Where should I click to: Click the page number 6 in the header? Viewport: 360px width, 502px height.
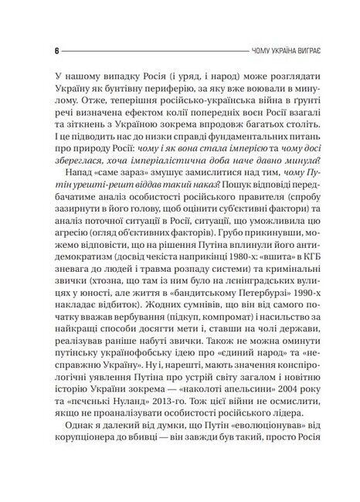pyautogui.click(x=36, y=53)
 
